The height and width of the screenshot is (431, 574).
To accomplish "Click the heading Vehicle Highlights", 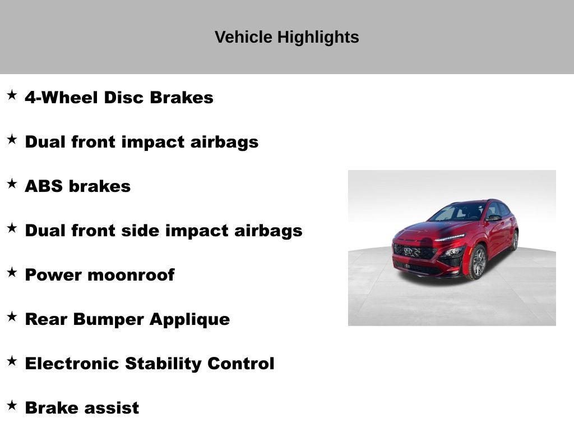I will (286, 38).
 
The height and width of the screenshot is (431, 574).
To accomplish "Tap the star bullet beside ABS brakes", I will (12, 184).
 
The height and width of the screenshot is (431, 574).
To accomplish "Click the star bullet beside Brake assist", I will (12, 405).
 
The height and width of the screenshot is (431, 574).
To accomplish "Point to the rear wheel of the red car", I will (514, 240).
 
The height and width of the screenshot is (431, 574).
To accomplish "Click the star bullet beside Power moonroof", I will (12, 272).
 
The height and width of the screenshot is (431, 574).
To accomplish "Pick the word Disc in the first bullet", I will (120, 98).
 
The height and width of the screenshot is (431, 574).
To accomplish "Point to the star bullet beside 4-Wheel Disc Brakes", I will (12, 95).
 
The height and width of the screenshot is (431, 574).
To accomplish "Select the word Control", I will (241, 364).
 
